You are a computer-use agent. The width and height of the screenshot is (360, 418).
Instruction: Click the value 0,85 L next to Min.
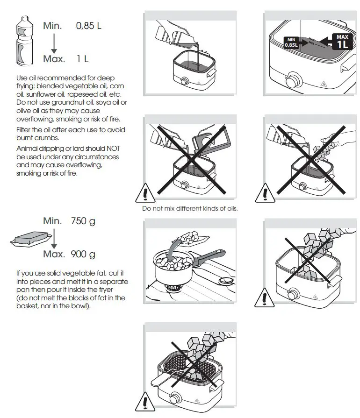pyautogui.click(x=88, y=26)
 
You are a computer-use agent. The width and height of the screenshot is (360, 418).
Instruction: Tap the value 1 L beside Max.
pyautogui.click(x=83, y=59)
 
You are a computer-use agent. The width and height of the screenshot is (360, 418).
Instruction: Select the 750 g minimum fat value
pyautogui.click(x=83, y=221)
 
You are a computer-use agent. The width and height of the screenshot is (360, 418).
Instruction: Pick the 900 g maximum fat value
pyautogui.click(x=83, y=254)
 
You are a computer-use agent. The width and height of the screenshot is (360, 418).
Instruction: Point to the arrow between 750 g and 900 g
pyautogui.click(x=53, y=238)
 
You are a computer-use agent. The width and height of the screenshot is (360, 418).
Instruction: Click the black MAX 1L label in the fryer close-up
pyautogui.click(x=342, y=42)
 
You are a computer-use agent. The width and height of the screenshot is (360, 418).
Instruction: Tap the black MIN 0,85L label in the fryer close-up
pyautogui.click(x=292, y=43)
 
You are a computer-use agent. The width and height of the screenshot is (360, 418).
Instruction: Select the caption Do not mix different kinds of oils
pyautogui.click(x=190, y=208)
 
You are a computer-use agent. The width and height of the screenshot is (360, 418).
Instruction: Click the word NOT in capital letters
pyautogui.click(x=114, y=149)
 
